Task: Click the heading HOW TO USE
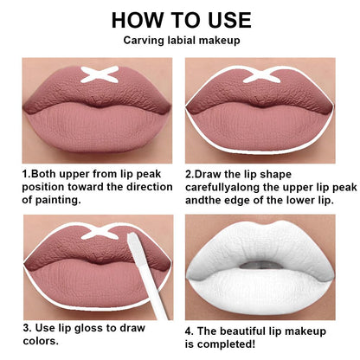click(x=181, y=20)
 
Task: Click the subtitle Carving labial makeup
click(x=181, y=41)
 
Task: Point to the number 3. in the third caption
click(x=28, y=330)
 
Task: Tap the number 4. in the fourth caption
click(x=190, y=330)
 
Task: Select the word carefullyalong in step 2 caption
click(x=227, y=186)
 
